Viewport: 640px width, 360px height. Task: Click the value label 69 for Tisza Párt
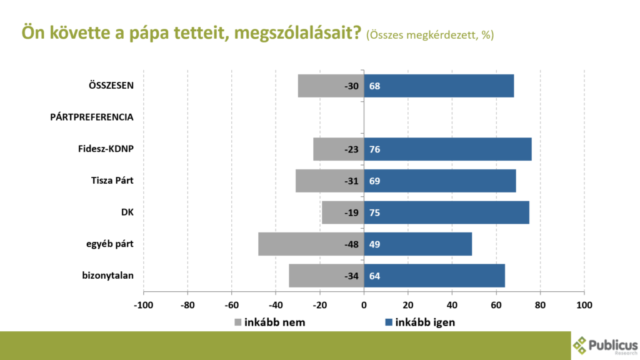375,181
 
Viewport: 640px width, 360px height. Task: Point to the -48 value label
351,244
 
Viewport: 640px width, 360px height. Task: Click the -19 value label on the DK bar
351,212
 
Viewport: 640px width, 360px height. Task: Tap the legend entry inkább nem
269,322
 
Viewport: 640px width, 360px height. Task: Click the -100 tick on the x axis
143,306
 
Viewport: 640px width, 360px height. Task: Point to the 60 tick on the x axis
496,306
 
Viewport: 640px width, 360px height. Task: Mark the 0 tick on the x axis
364,306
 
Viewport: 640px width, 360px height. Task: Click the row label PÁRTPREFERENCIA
92,117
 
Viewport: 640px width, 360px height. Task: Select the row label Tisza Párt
112,181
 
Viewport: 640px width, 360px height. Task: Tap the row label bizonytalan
108,275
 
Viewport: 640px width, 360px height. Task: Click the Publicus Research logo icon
581,345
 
